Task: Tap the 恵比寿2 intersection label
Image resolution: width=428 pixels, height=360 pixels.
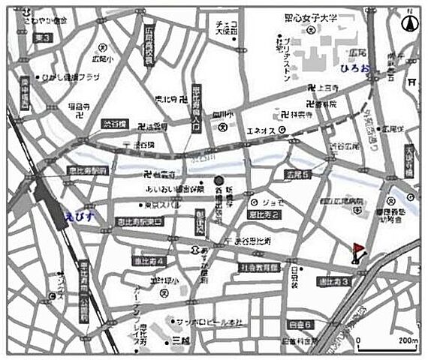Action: [265, 214]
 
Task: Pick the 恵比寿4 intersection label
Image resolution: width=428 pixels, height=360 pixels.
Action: [150, 260]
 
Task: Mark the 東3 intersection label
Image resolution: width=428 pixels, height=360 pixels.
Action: [43, 37]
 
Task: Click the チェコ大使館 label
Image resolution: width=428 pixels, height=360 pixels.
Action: [226, 28]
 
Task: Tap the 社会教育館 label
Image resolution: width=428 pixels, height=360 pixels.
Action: [260, 267]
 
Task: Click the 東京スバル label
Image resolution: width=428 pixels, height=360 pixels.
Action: [161, 205]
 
